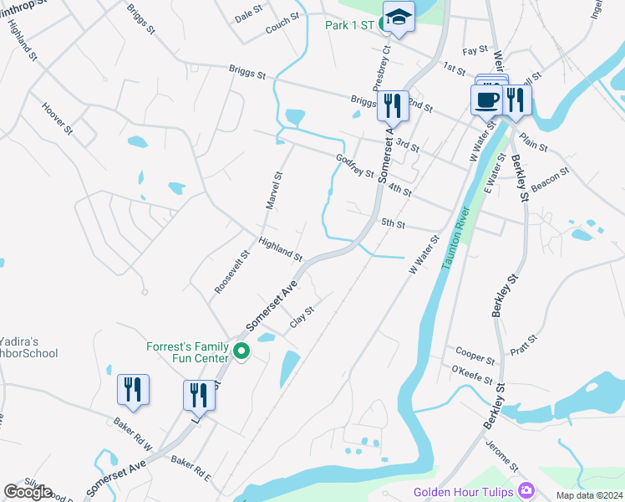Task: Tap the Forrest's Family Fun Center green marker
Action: [242, 351]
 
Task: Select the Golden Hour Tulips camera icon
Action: [526, 489]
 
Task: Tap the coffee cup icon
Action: [486, 100]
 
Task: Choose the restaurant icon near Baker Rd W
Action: [133, 390]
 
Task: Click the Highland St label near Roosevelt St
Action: [280, 248]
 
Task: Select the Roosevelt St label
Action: [232, 272]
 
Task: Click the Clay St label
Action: [302, 316]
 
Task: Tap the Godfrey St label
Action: [354, 166]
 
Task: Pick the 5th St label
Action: [393, 224]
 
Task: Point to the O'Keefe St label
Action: [472, 374]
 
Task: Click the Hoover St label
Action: [57, 118]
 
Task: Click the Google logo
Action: [28, 491]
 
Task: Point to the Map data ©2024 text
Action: [588, 495]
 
